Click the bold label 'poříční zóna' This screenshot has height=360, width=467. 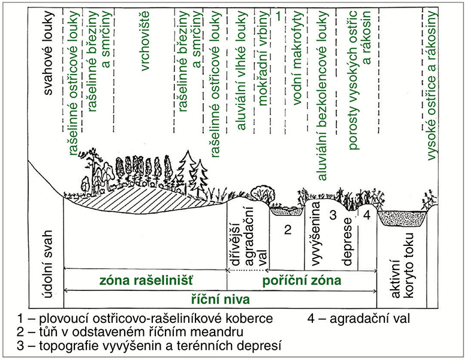[x=302, y=280]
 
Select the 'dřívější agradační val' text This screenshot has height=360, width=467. [x=248, y=240]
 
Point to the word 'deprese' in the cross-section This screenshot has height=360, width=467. [x=347, y=250]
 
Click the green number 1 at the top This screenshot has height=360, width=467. [x=279, y=17]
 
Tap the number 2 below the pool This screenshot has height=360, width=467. [x=288, y=229]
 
